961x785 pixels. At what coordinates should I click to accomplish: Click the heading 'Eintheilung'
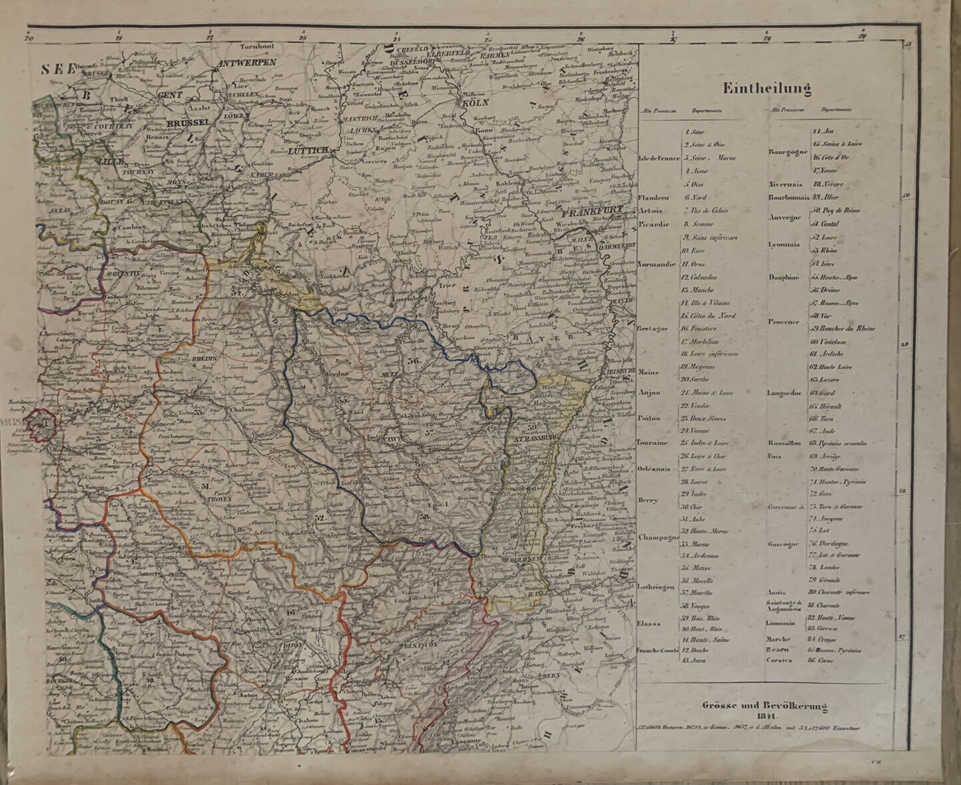pyautogui.click(x=767, y=88)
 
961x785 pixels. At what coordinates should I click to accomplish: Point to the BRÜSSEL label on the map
pyautogui.click(x=188, y=124)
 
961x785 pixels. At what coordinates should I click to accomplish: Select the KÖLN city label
pyautogui.click(x=475, y=103)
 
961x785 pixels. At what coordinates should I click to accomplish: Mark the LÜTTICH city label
pyautogui.click(x=308, y=151)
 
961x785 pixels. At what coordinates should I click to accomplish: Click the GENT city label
pyautogui.click(x=170, y=96)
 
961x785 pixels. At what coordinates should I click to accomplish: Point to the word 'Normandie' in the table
pyautogui.click(x=657, y=264)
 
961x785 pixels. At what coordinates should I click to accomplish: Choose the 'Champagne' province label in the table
pyautogui.click(x=657, y=537)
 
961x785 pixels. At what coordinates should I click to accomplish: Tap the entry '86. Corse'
pyautogui.click(x=821, y=660)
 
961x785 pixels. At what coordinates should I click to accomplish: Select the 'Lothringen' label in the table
pyautogui.click(x=657, y=587)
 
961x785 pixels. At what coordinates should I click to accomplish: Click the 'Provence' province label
pyautogui.click(x=783, y=322)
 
